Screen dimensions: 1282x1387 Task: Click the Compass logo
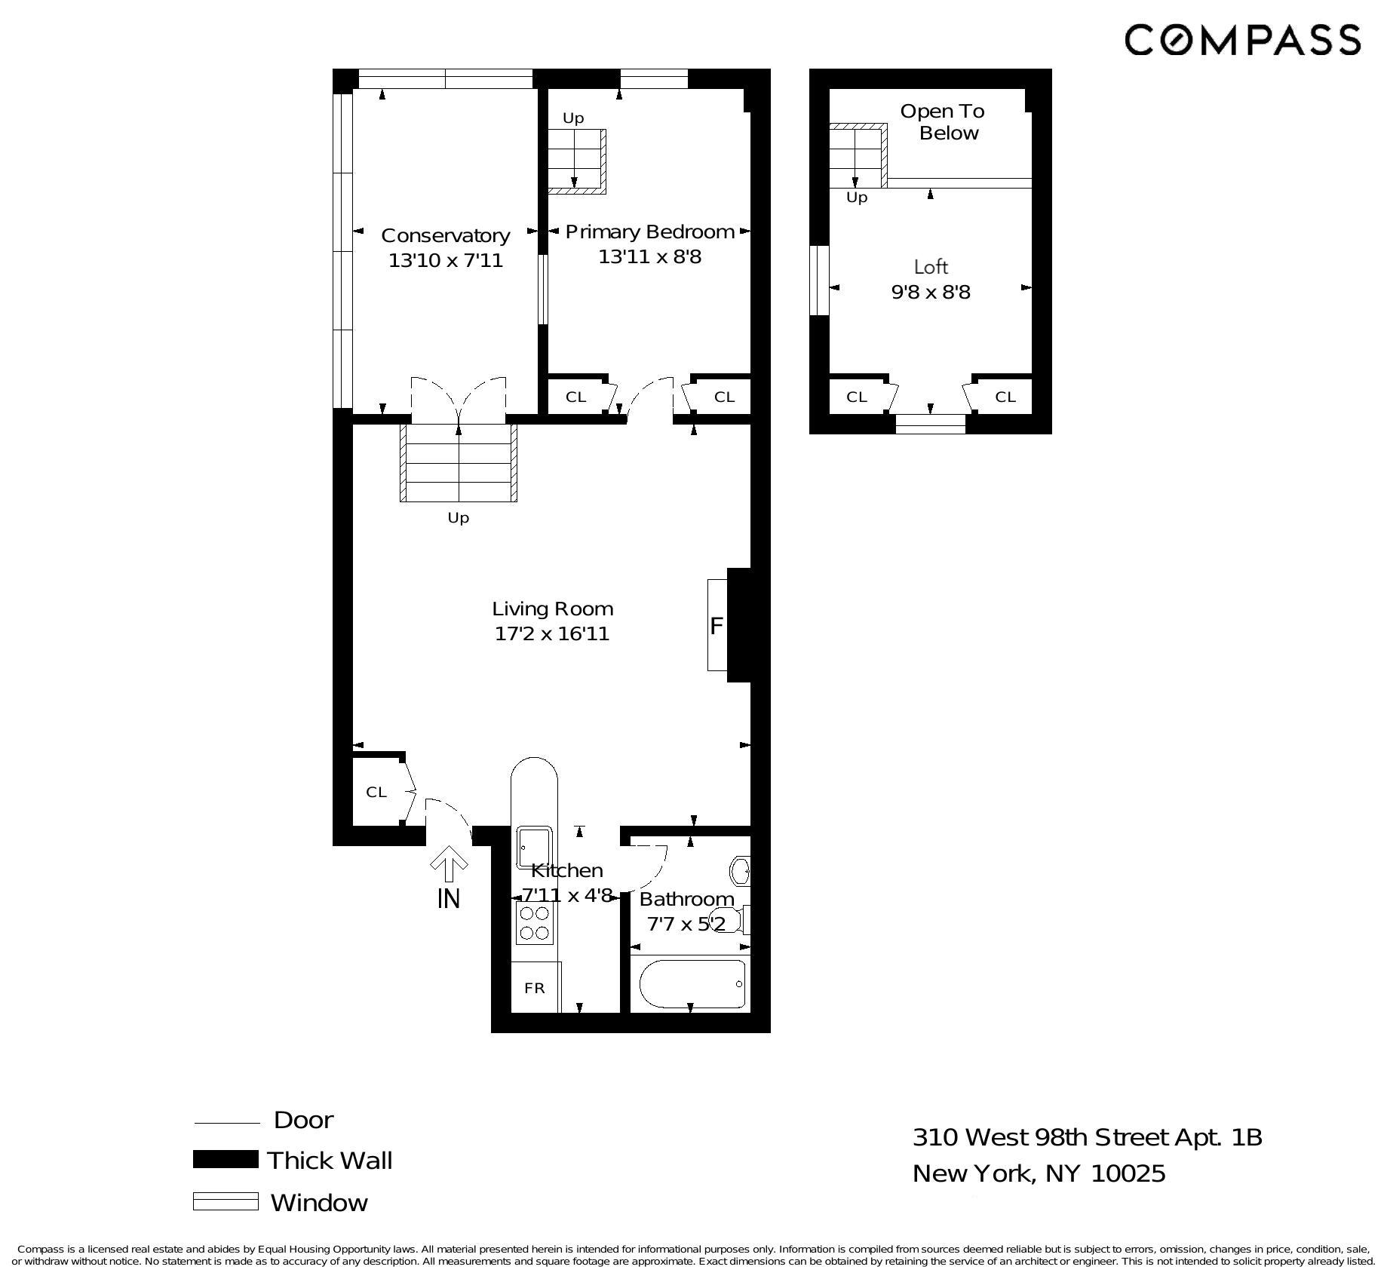click(1242, 39)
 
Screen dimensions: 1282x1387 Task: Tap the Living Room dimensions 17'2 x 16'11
click(552, 633)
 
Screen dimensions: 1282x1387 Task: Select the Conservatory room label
click(445, 235)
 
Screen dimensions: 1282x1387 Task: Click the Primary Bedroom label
click(649, 232)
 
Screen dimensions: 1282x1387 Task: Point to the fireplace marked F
click(717, 625)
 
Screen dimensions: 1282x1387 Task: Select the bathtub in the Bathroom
click(692, 983)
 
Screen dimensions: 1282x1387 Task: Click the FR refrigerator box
click(535, 988)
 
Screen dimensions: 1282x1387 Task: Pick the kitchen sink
click(534, 848)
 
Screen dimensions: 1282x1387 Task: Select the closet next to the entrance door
click(376, 792)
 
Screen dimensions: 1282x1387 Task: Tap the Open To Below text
click(943, 122)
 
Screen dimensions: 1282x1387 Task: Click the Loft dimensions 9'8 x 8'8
click(931, 293)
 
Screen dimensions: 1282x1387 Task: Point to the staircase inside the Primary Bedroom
click(575, 161)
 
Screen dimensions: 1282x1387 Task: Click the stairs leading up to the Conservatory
click(458, 462)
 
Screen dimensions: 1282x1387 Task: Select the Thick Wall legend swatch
click(226, 1159)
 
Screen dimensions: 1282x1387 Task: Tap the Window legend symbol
click(226, 1201)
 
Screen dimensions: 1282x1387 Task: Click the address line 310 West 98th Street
click(1086, 1137)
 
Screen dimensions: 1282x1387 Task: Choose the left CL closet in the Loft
click(857, 397)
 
